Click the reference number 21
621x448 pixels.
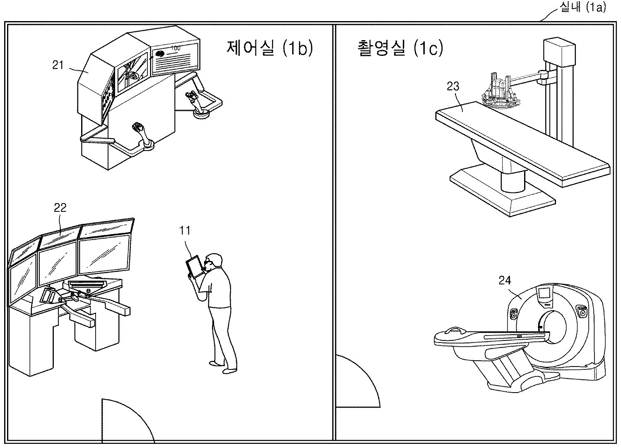[58, 65]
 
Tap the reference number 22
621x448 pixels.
[60, 208]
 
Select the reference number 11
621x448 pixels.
[185, 230]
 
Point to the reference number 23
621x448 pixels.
[453, 86]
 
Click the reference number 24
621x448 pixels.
[505, 280]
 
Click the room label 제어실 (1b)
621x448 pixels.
[270, 48]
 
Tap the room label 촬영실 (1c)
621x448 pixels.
[400, 48]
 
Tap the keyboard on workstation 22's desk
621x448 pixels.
[87, 284]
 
